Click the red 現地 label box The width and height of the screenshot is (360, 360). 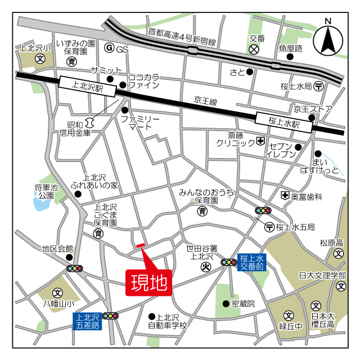click(149, 282)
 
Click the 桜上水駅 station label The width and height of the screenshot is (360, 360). click(283, 121)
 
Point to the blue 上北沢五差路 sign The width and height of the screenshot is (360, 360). click(88, 321)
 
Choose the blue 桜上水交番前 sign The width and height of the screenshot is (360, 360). click(251, 262)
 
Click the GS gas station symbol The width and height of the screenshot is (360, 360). click(110, 49)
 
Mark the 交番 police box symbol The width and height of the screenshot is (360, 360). click(254, 49)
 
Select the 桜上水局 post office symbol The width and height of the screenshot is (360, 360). click(319, 86)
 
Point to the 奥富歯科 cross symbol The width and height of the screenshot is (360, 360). click(285, 196)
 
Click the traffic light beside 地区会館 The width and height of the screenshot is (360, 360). click(74, 268)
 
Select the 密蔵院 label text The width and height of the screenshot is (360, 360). click(243, 304)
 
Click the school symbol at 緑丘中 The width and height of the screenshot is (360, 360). click(288, 315)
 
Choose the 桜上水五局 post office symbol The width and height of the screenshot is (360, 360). click(269, 227)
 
